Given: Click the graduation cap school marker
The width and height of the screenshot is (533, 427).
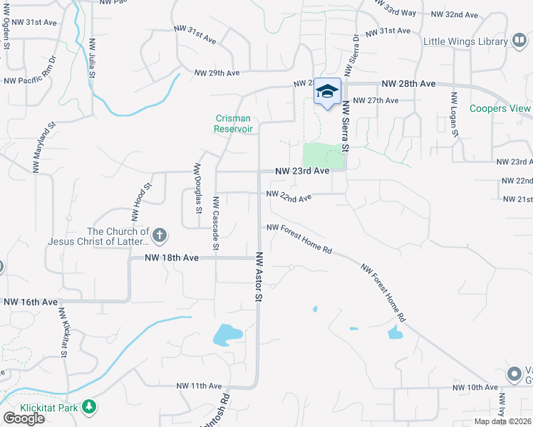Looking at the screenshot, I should click(327, 92).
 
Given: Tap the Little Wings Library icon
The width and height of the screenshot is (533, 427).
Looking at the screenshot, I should click(519, 42).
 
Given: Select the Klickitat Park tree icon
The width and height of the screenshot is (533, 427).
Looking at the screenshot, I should click(89, 407).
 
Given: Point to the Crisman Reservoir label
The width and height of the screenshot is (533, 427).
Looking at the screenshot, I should click(234, 124).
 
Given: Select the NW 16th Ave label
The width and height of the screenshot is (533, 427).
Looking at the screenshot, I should click(30, 302).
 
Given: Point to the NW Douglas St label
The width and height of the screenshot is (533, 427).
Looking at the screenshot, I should click(197, 187).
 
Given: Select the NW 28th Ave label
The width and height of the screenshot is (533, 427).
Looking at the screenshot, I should click(408, 84).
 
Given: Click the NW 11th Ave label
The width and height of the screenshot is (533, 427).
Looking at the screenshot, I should click(200, 386).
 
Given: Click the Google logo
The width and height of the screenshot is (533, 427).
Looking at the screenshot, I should click(24, 418).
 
